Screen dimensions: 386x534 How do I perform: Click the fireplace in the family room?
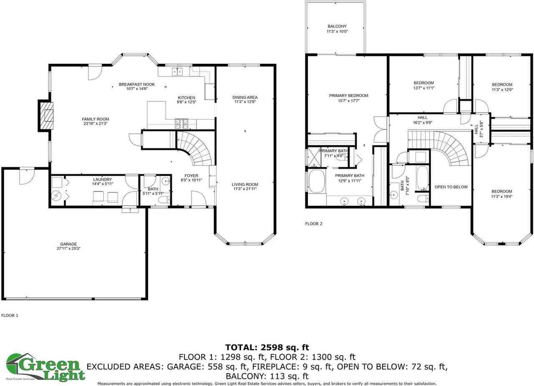pyautogui.click(x=46, y=116)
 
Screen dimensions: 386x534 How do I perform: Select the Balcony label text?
pyautogui.click(x=337, y=26)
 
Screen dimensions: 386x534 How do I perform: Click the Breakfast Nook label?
pyautogui.click(x=133, y=83)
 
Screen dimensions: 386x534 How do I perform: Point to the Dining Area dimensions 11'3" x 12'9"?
pyautogui.click(x=245, y=102)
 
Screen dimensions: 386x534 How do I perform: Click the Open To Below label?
pyautogui.click(x=451, y=187)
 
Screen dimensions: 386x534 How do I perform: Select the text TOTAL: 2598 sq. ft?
pyautogui.click(x=267, y=347)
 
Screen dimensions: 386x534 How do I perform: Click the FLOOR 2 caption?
pyautogui.click(x=314, y=224)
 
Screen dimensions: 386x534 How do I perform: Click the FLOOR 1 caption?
pyautogui.click(x=10, y=315)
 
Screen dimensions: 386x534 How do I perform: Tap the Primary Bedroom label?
pyautogui.click(x=349, y=96)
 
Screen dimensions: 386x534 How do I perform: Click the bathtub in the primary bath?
pyautogui.click(x=317, y=181)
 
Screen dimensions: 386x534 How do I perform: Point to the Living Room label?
pyautogui.click(x=245, y=184)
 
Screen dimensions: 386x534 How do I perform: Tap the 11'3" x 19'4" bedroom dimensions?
pyautogui.click(x=501, y=197)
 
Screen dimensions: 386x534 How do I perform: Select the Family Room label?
pyautogui.click(x=95, y=119)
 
